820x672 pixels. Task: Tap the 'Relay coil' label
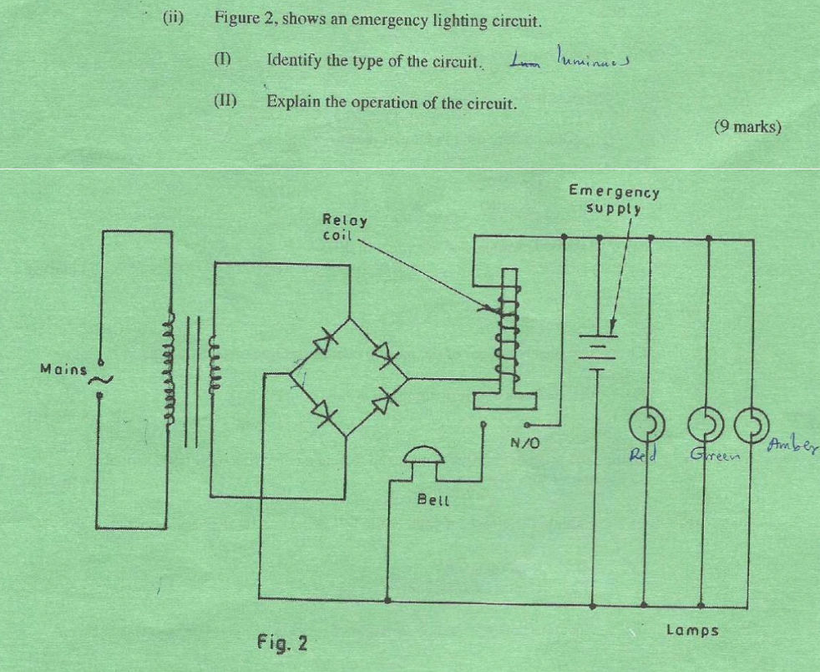[x=344, y=226]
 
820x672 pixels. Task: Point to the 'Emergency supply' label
[x=614, y=200]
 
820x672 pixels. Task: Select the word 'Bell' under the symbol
[x=433, y=500]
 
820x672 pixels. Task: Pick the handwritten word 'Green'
[x=710, y=455]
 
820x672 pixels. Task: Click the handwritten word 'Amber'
[x=793, y=443]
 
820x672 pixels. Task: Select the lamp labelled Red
[x=646, y=425]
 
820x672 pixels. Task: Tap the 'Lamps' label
[x=692, y=630]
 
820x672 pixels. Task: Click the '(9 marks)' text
[x=747, y=127]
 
